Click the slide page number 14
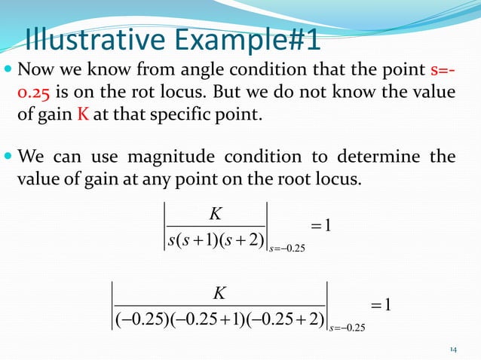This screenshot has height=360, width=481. tap(453, 349)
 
